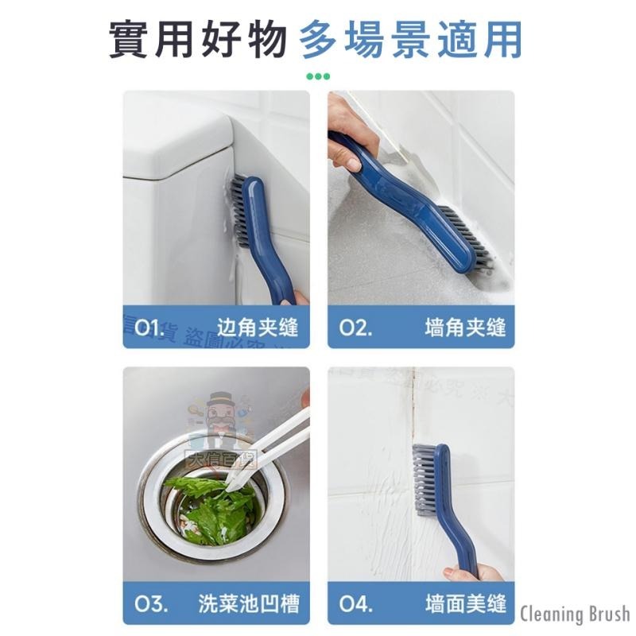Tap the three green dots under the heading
318,77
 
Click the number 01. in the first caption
149,327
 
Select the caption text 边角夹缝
258,327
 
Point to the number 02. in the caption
355,327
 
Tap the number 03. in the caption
150,603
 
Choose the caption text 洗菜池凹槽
248,603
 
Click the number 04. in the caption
356,603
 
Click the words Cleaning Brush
575,614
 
